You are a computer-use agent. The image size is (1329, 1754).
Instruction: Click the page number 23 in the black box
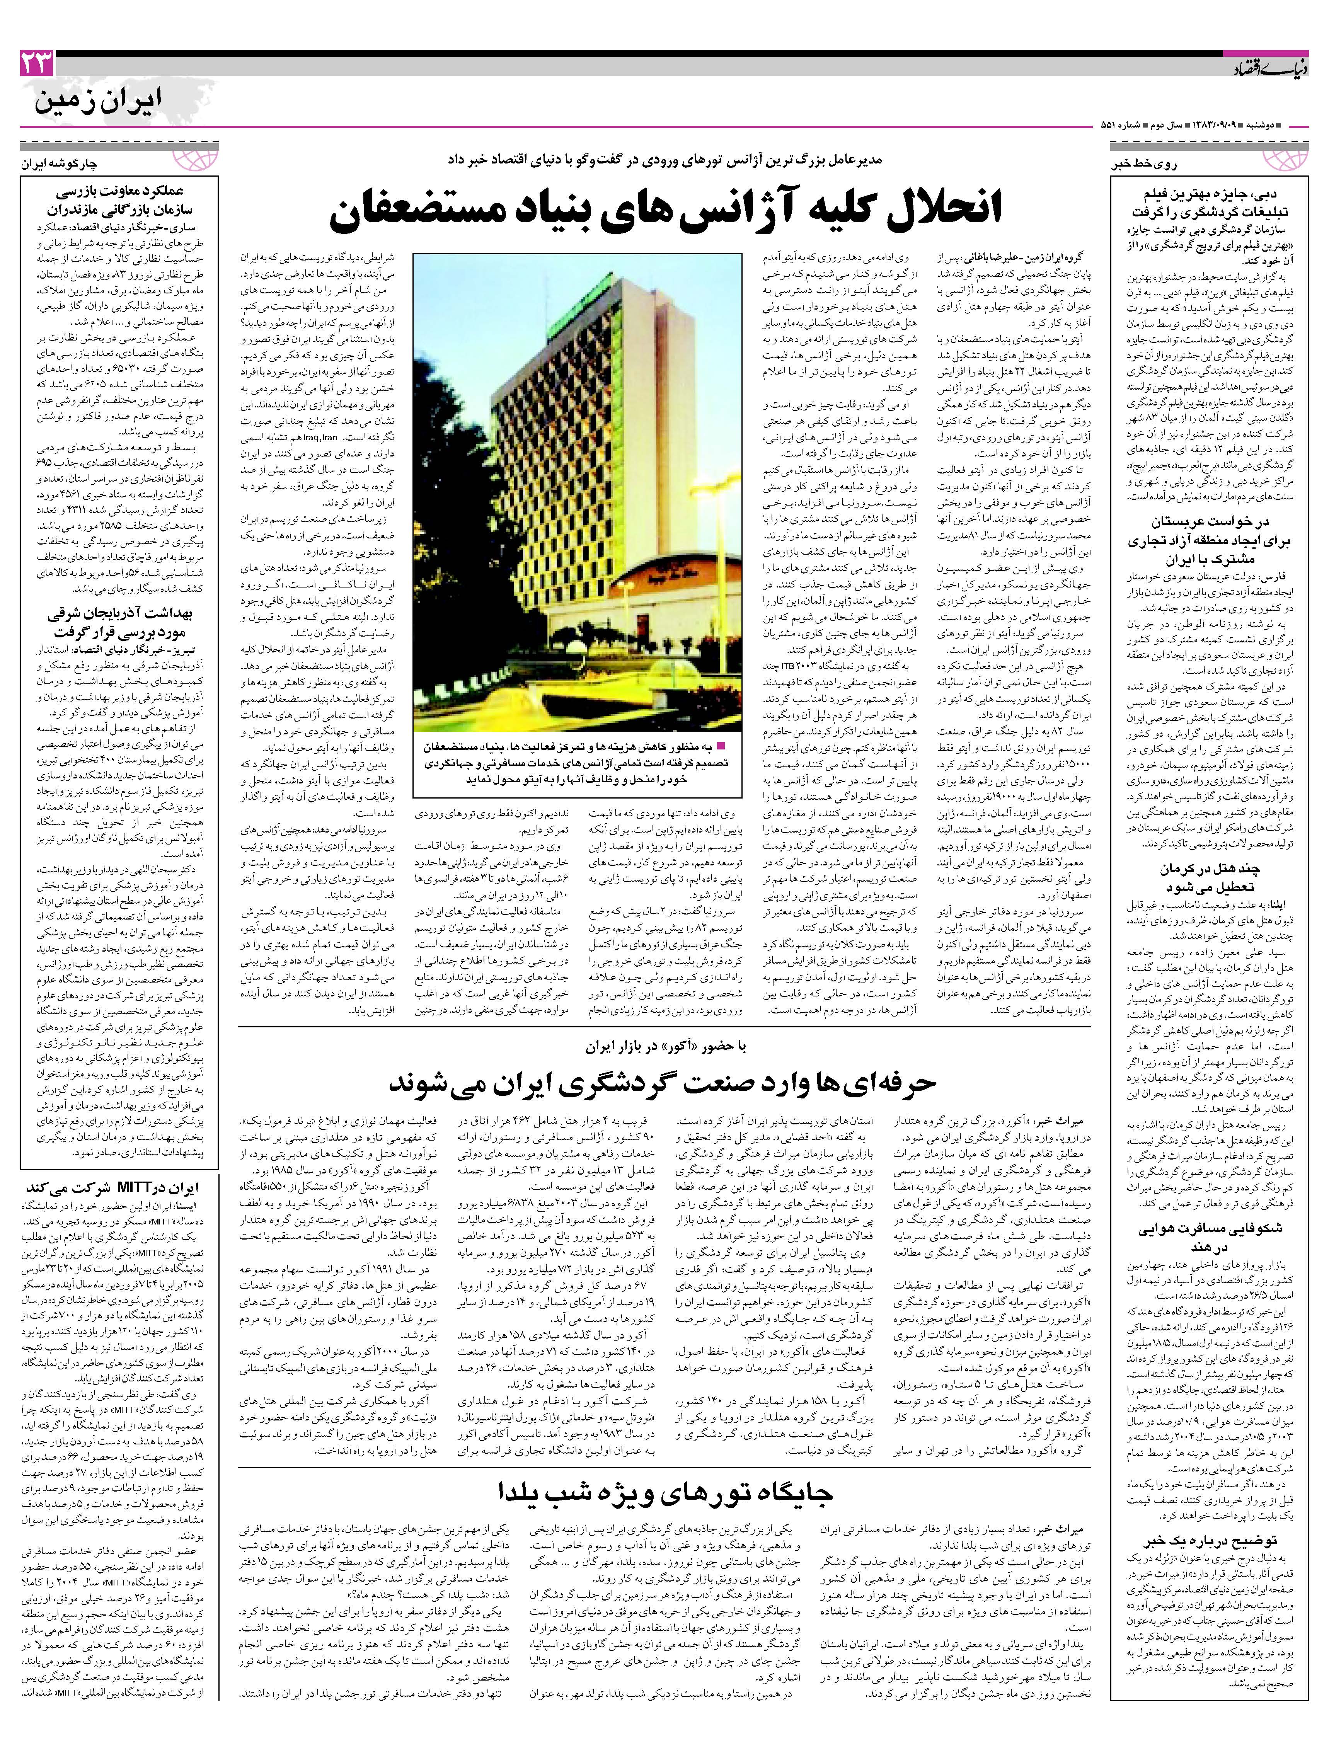36,63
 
